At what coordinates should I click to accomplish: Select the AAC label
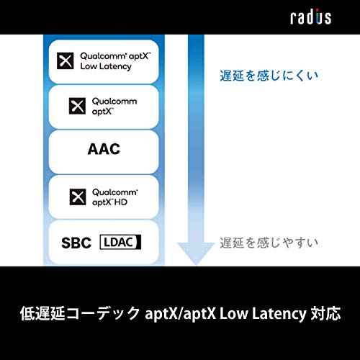[x=104, y=150]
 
